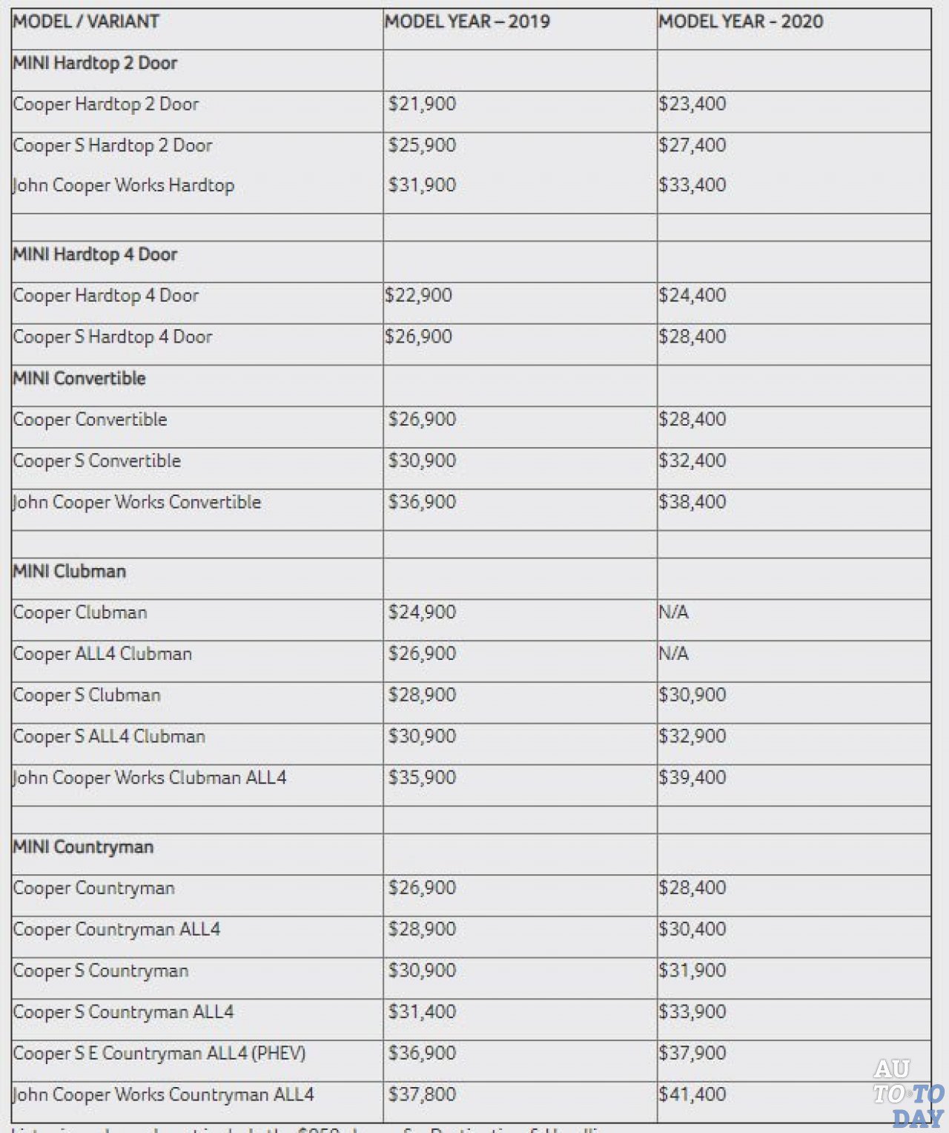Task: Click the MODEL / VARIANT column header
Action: (x=86, y=22)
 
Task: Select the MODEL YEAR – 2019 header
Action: (x=467, y=22)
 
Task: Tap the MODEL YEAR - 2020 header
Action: (x=741, y=22)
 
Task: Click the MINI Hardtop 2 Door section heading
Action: (x=95, y=63)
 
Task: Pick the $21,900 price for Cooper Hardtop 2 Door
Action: (x=422, y=104)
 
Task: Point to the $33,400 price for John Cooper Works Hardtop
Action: (x=692, y=185)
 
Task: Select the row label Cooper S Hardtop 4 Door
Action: (x=113, y=337)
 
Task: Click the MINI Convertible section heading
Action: (x=79, y=378)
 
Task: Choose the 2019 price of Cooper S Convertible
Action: (x=422, y=460)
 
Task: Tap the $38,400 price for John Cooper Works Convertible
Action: (x=692, y=502)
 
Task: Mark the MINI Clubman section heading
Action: (x=70, y=571)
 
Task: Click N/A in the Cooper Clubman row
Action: (x=673, y=612)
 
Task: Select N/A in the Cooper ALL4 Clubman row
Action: (x=673, y=654)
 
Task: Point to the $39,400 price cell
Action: (x=692, y=778)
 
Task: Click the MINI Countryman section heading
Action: (x=83, y=847)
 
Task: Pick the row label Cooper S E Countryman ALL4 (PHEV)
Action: (x=159, y=1054)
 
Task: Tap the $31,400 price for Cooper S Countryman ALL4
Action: (x=422, y=1012)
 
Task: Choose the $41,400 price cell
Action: (x=692, y=1094)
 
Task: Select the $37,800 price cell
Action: (x=422, y=1094)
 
